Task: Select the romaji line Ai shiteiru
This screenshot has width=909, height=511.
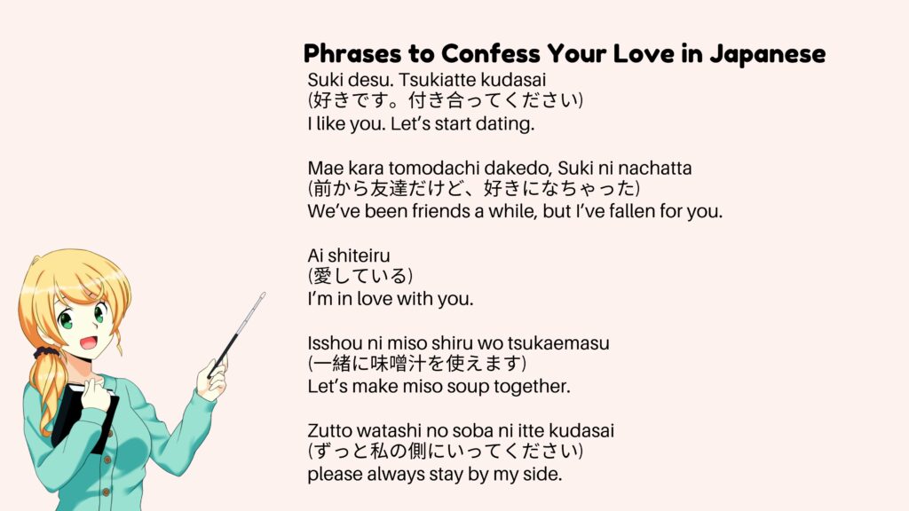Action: [x=349, y=255]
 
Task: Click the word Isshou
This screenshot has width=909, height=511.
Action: [x=334, y=342]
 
